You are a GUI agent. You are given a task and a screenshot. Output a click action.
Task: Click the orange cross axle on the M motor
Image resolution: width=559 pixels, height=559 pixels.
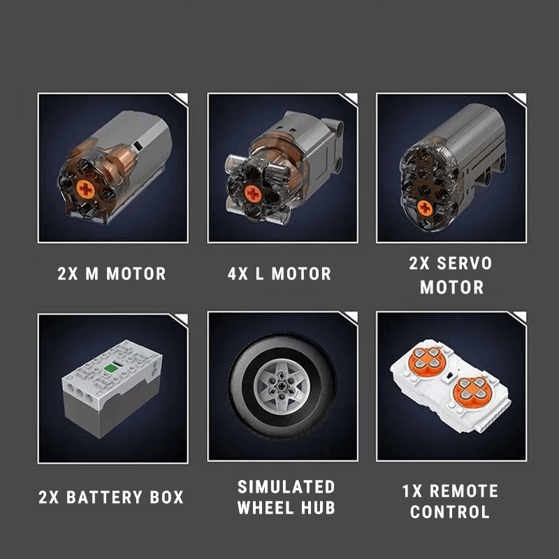point(85,189)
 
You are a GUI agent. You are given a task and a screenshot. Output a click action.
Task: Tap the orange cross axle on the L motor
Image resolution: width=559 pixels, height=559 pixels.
point(253,194)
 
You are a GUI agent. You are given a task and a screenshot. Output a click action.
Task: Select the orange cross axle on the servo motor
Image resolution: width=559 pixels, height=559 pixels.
point(425,208)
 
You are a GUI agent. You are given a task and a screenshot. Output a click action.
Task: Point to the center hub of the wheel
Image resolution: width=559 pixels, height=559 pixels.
point(282,386)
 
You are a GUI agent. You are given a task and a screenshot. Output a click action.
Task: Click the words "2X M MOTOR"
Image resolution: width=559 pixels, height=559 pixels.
point(112,274)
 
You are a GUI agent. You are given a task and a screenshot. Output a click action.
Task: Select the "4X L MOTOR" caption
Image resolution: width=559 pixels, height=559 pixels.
point(279,274)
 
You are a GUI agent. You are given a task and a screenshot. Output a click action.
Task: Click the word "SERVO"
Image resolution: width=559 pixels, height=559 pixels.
point(465,263)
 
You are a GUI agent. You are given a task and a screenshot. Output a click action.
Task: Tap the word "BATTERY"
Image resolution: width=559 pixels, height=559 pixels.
point(104,497)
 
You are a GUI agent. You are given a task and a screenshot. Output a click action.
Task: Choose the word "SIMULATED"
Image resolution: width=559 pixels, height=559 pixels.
point(286,486)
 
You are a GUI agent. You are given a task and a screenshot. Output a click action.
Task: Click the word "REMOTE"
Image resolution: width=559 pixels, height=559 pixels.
point(464,491)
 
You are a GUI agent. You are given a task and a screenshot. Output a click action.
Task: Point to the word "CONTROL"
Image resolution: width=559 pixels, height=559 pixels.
point(450,511)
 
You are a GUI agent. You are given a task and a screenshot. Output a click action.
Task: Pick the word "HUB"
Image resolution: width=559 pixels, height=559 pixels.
point(318,507)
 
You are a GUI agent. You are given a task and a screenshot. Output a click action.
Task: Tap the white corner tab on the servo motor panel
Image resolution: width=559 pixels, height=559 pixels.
point(520,98)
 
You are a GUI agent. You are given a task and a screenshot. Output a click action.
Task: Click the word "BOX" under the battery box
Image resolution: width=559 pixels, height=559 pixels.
point(167,497)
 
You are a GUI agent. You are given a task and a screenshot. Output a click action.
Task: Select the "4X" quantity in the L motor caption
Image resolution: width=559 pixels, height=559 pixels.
point(238,274)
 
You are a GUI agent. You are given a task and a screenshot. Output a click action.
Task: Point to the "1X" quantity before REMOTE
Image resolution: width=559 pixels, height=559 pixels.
point(412,491)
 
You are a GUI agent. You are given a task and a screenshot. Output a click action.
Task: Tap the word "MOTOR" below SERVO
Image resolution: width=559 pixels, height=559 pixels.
point(451,287)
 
